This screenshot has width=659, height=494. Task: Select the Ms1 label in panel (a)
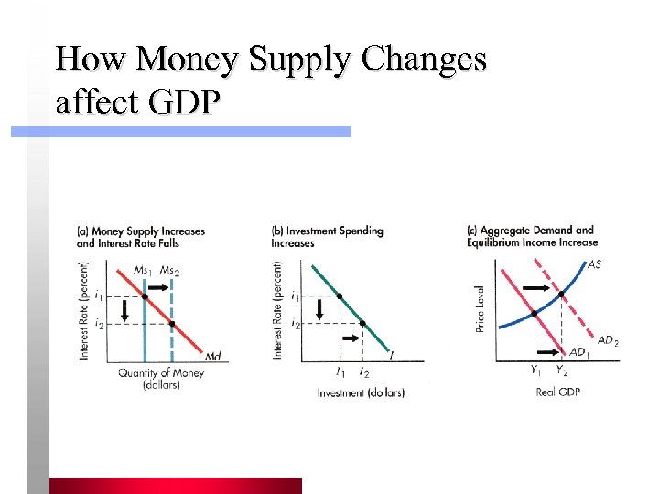click(142, 270)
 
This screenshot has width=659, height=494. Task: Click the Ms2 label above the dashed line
click(170, 270)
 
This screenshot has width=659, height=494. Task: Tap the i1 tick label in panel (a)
click(99, 296)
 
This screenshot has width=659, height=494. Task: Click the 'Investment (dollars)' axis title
click(361, 392)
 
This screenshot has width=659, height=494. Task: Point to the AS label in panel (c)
click(594, 264)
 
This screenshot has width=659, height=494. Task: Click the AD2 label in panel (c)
click(608, 340)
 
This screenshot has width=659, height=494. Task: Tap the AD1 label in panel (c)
click(579, 352)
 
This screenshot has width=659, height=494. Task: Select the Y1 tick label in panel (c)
click(535, 370)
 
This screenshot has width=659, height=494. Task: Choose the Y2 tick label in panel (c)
click(561, 370)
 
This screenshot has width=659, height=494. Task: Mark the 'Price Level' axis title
click(480, 308)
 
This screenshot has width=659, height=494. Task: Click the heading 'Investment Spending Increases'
click(327, 237)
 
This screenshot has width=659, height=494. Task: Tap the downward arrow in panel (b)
click(319, 311)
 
